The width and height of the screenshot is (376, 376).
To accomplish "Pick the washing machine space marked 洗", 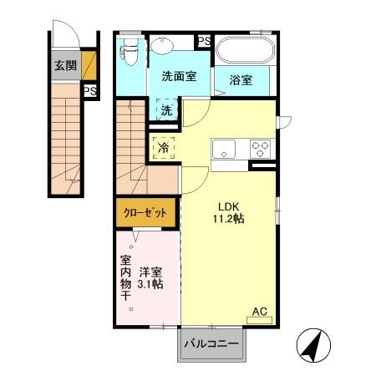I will (166, 109).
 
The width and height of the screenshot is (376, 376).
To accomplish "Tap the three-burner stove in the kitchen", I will (262, 149).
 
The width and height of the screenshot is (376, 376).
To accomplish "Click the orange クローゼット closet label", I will (146, 213).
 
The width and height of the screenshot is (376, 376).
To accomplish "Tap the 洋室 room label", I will (150, 272).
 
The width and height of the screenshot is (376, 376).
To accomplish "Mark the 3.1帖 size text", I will (150, 285).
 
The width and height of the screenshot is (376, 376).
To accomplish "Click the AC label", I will (260, 312).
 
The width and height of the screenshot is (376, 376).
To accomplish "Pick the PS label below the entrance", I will (89, 91).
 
